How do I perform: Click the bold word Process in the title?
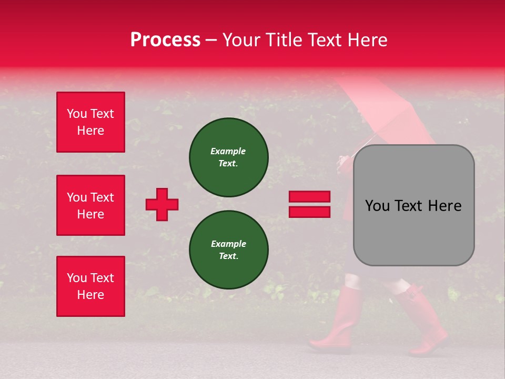(x=165, y=40)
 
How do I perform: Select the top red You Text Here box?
(x=90, y=122)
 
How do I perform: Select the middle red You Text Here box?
(x=90, y=205)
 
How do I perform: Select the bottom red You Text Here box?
(x=90, y=286)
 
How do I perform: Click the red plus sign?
(x=162, y=204)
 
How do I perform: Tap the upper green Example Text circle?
(x=229, y=157)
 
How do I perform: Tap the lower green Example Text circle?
(x=229, y=250)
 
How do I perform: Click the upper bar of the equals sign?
(x=309, y=197)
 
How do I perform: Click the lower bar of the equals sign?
(x=309, y=212)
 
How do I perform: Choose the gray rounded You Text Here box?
(x=413, y=205)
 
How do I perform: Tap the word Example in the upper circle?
(x=228, y=151)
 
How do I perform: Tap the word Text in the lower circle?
(x=228, y=256)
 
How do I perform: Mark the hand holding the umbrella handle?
(x=345, y=161)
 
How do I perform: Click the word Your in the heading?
(x=240, y=40)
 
